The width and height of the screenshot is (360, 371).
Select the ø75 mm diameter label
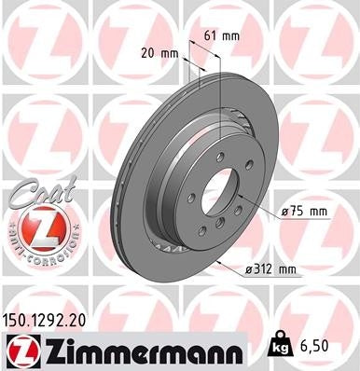(x=304, y=212)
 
